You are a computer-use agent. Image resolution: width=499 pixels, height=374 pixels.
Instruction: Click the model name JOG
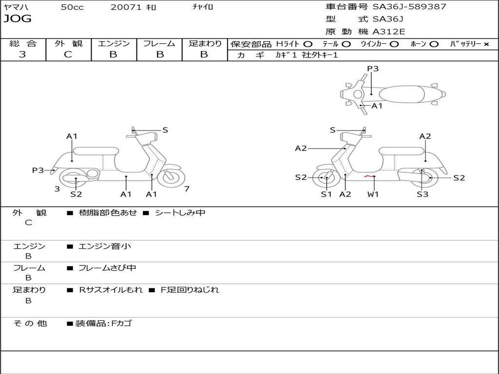coord(18,19)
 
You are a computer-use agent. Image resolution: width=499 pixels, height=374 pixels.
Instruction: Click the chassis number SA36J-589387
coord(409,7)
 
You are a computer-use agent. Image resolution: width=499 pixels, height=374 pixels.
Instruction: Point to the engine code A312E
coord(388,32)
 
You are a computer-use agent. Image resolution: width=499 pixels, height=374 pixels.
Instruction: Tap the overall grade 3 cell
coord(22,55)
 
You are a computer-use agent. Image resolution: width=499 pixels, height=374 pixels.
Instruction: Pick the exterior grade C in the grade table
coord(68,55)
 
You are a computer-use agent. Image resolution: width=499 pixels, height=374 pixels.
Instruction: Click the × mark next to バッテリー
coord(486,44)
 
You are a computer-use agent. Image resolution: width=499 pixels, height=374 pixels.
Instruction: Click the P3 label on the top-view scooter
coord(373,69)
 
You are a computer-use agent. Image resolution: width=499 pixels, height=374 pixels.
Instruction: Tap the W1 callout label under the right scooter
coord(373,194)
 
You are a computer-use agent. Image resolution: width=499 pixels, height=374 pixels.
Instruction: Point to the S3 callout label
coord(422,194)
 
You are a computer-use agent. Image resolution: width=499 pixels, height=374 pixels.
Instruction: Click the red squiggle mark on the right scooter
coord(369,176)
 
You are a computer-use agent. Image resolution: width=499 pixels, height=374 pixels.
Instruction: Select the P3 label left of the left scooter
coord(38,170)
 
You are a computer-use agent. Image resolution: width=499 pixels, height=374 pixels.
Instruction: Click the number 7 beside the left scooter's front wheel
coord(187,189)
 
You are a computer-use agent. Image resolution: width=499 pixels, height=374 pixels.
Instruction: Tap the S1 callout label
coord(326,194)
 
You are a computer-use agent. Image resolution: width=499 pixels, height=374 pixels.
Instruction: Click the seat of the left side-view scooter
coord(96,151)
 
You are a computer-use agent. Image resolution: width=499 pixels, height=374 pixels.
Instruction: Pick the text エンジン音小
coord(105,246)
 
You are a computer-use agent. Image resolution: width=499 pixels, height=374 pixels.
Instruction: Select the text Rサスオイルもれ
coord(111,290)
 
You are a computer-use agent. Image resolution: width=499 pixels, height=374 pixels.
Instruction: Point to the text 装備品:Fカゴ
coord(103,323)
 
